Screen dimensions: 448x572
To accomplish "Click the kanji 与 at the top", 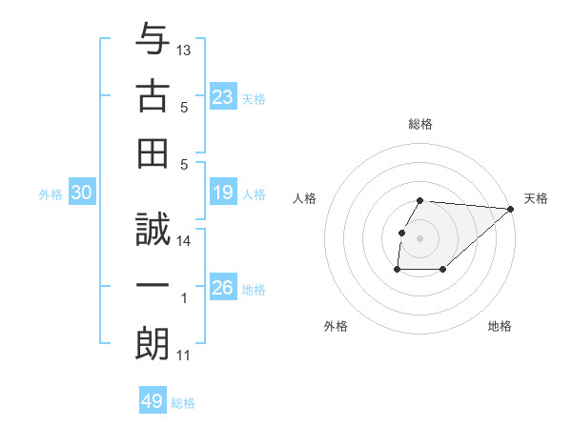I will pyautogui.click(x=153, y=42).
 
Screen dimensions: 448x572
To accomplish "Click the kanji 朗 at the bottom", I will pyautogui.click(x=153, y=341).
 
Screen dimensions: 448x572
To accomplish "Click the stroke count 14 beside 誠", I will pyautogui.click(x=185, y=241).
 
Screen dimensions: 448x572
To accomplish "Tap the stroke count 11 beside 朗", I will pyautogui.click(x=184, y=356).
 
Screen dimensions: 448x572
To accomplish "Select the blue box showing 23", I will pyautogui.click(x=223, y=96).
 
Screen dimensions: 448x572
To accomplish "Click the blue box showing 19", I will pyautogui.click(x=223, y=193).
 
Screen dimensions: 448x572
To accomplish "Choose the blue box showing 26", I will pyautogui.click(x=223, y=288).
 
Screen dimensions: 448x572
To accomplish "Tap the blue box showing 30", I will pyautogui.click(x=82, y=193).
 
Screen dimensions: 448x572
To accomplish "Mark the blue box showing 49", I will pyautogui.click(x=152, y=401).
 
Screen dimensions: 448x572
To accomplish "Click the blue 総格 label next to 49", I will pyautogui.click(x=183, y=403).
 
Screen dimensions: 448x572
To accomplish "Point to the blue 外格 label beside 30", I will pyautogui.click(x=51, y=194).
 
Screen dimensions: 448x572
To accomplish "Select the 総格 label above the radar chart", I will pyautogui.click(x=420, y=125).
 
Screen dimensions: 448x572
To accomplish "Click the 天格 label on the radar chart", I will pyautogui.click(x=536, y=198).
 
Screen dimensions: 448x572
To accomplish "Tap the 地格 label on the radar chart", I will pyautogui.click(x=500, y=327).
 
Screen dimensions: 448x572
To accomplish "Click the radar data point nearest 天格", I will pyautogui.click(x=511, y=210).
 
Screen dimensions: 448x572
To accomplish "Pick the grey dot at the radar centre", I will pyautogui.click(x=420, y=238).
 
